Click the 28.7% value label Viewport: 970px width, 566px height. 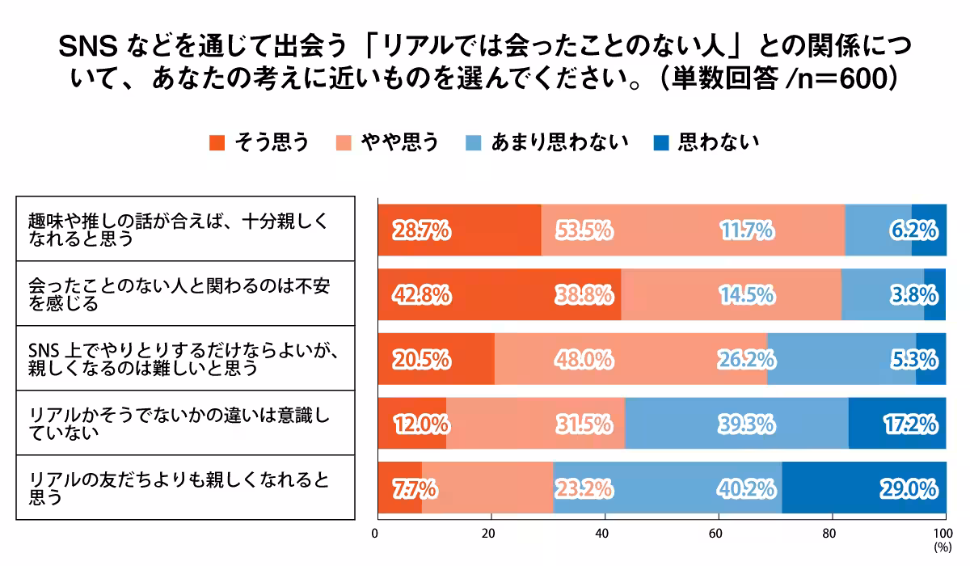coord(421,231)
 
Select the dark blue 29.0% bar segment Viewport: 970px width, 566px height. coord(863,488)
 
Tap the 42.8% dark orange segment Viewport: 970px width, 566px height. coord(499,295)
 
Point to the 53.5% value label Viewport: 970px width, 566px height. coord(583,231)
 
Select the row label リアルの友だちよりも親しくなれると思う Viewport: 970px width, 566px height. coord(179,488)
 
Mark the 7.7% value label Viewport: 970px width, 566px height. coord(415,488)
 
